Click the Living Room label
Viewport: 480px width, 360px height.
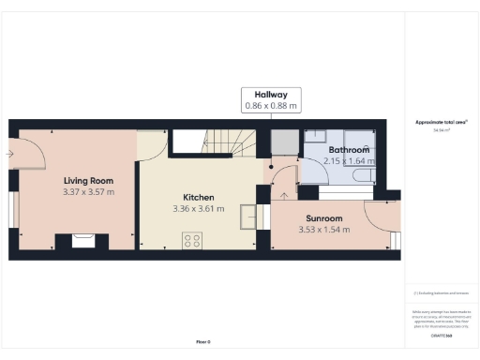pyautogui.click(x=88, y=180)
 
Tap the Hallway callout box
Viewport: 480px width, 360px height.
pyautogui.click(x=272, y=100)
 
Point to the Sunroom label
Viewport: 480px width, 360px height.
pyautogui.click(x=320, y=217)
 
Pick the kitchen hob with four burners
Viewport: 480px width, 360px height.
pyautogui.click(x=192, y=240)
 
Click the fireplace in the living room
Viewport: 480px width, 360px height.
pyautogui.click(x=82, y=241)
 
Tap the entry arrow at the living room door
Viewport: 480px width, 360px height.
pyautogui.click(x=9, y=153)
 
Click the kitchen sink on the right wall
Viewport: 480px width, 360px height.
pyautogui.click(x=248, y=216)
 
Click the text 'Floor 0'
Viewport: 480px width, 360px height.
pyautogui.click(x=202, y=342)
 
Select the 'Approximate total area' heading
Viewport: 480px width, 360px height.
pyautogui.click(x=441, y=122)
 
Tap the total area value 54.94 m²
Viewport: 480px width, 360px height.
pyautogui.click(x=441, y=130)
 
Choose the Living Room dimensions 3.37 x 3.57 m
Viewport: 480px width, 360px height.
pyautogui.click(x=88, y=191)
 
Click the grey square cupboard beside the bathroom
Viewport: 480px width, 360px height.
pyautogui.click(x=283, y=143)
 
